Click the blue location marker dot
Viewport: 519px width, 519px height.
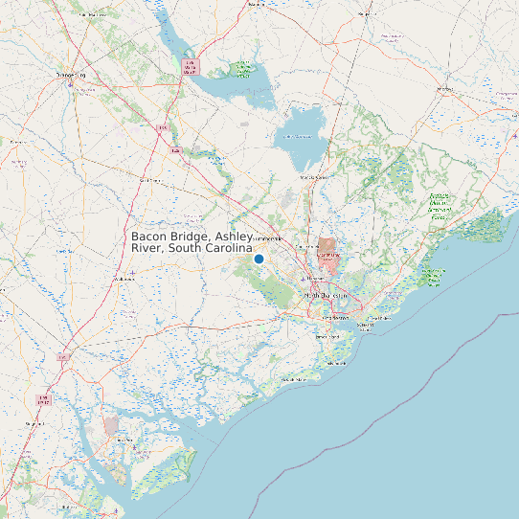(259, 259)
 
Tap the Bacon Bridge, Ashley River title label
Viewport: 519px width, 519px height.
(192, 242)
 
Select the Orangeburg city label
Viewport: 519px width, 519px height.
(69, 74)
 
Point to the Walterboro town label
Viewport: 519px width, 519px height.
(124, 279)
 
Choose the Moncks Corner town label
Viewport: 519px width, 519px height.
(314, 177)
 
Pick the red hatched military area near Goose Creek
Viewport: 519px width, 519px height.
(328, 255)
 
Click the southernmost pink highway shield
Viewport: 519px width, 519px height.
(42, 397)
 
